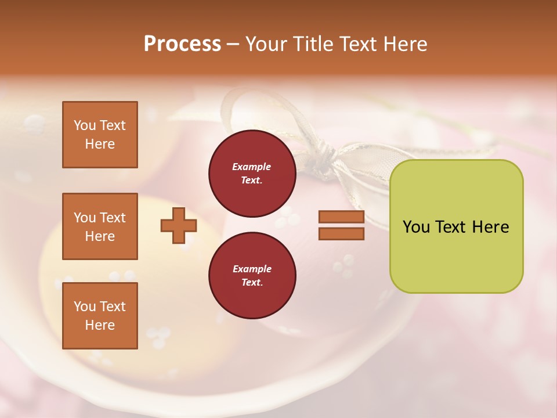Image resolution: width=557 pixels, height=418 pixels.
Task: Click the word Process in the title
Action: (x=182, y=44)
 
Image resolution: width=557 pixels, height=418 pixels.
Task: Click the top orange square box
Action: (x=100, y=135)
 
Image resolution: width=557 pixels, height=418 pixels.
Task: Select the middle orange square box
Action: (x=100, y=226)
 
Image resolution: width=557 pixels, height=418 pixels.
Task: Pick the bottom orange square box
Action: (x=100, y=316)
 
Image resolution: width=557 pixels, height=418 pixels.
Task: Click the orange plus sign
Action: (x=178, y=226)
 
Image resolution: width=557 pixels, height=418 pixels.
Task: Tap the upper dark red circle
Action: (x=252, y=174)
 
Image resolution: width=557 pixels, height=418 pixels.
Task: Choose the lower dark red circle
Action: (x=252, y=276)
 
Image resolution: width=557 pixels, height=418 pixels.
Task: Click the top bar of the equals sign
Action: (x=341, y=217)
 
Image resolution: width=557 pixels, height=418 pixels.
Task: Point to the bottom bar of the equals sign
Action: (x=341, y=234)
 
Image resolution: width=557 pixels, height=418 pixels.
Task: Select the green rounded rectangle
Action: (x=456, y=226)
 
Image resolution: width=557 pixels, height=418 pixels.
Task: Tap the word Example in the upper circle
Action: (x=252, y=167)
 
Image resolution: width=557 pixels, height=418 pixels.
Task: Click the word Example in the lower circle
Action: (x=252, y=269)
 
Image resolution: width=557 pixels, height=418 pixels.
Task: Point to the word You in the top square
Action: (x=85, y=125)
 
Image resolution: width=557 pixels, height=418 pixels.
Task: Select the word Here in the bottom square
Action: (x=100, y=325)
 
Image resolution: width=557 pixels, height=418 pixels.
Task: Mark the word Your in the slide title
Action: (x=265, y=44)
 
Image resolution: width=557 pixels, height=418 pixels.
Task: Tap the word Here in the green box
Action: (x=490, y=227)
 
